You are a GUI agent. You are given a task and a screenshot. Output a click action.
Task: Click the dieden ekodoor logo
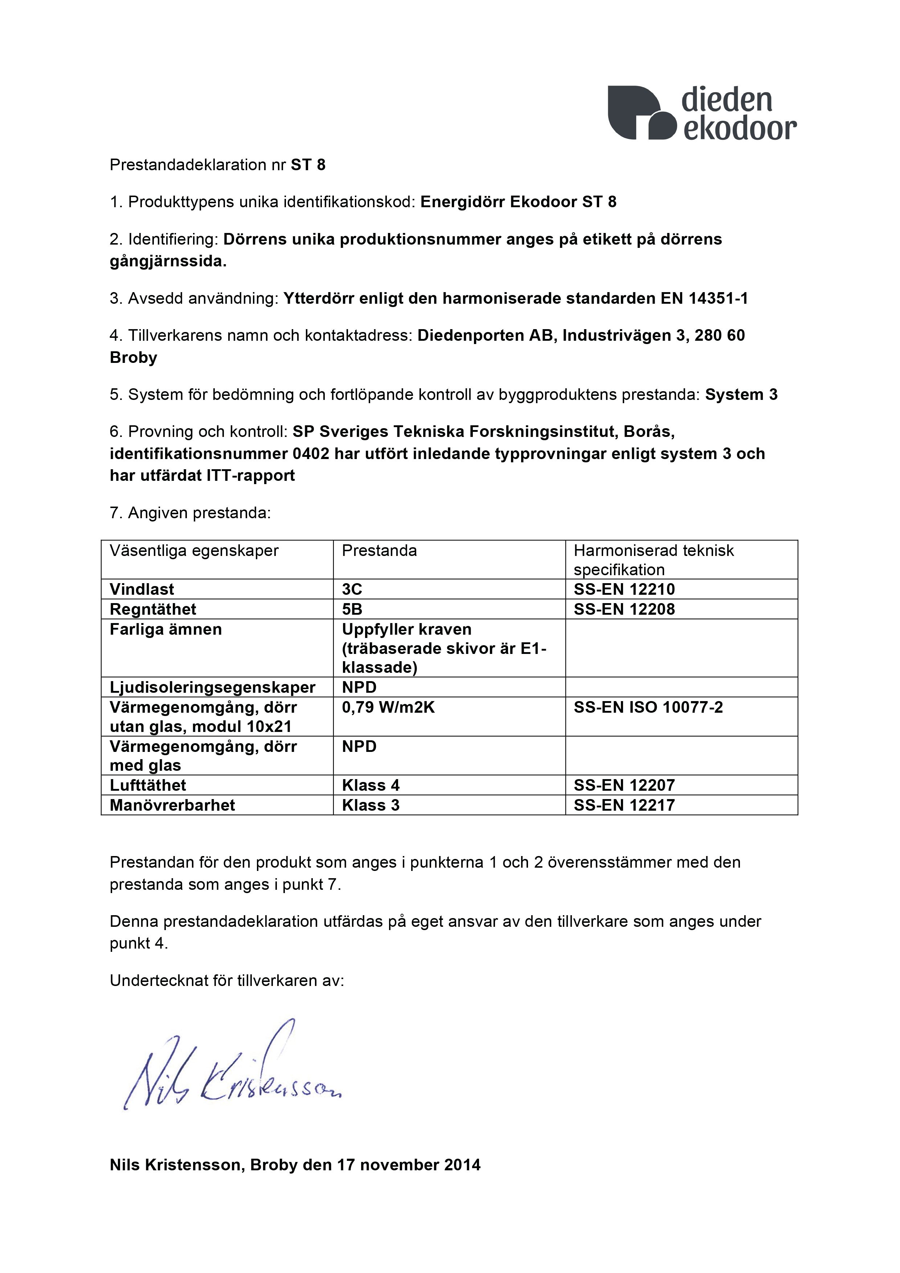(x=702, y=112)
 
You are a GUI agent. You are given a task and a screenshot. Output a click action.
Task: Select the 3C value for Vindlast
(x=352, y=589)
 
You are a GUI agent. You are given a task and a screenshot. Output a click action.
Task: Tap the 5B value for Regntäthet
(x=352, y=609)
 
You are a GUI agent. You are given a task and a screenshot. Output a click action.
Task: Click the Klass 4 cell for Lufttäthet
(x=371, y=785)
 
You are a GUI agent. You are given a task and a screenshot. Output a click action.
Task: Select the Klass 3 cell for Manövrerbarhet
(x=371, y=805)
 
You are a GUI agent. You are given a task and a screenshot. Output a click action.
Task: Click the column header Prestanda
(x=379, y=550)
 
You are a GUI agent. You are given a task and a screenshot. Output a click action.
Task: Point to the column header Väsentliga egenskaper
(x=194, y=550)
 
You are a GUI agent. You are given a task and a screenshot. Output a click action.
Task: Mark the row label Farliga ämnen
(x=166, y=629)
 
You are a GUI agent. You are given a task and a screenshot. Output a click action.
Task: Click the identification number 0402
(x=311, y=454)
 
